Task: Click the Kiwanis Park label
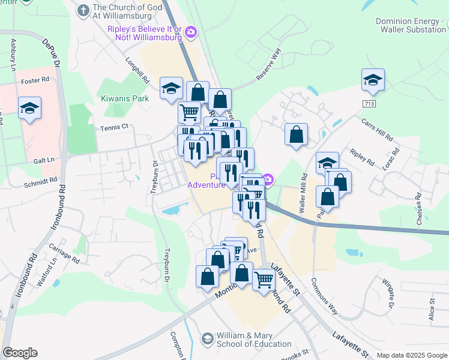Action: point(125,97)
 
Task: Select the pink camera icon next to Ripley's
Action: point(191,32)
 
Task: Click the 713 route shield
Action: point(370,104)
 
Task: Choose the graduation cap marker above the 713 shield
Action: point(373,80)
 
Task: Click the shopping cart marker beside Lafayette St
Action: point(264,279)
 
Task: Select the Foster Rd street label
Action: point(35,80)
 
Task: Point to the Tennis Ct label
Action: point(113,127)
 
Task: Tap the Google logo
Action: point(20,353)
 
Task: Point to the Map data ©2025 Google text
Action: point(411,355)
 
